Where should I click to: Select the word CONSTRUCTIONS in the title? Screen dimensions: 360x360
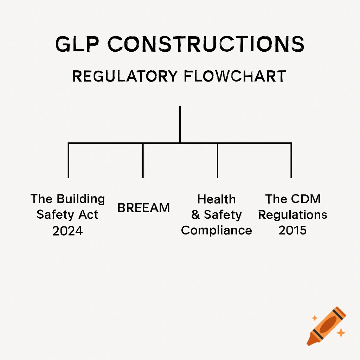click(206, 45)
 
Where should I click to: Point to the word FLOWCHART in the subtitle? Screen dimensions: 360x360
click(234, 76)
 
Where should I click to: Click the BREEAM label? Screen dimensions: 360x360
click(143, 208)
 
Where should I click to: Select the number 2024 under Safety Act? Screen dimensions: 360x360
click(67, 231)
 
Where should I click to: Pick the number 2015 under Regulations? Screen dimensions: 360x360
click(292, 230)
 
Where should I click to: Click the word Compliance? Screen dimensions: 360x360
click(217, 230)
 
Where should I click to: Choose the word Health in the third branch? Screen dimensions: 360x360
click(217, 199)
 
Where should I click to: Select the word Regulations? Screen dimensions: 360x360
click(292, 215)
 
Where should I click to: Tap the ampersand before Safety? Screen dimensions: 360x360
click(195, 215)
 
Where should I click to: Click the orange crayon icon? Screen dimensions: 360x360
click(326, 325)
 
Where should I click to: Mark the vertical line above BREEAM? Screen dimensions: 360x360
click(143, 160)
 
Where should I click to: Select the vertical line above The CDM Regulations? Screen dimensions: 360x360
click(291, 160)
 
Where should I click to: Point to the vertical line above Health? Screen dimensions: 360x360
click(218, 160)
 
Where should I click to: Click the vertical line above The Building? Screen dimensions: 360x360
click(68, 160)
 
